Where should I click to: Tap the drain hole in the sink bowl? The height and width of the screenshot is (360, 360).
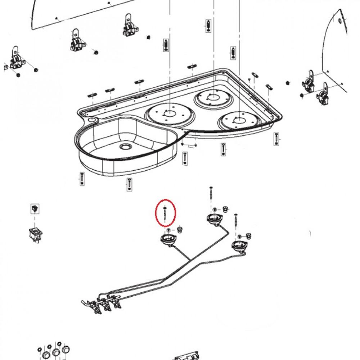[x=126, y=147]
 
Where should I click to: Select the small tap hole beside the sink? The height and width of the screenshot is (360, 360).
[x=91, y=120]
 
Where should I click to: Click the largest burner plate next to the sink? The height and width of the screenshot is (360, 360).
[x=168, y=115]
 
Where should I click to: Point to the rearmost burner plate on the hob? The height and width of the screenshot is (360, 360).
[x=212, y=97]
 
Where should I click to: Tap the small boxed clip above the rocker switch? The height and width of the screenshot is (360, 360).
[x=35, y=208]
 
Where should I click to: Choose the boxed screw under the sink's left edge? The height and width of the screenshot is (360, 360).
[x=82, y=178]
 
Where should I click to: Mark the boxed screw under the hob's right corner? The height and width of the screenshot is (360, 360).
[x=276, y=138]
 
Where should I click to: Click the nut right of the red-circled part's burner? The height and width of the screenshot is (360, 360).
[x=179, y=229]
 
